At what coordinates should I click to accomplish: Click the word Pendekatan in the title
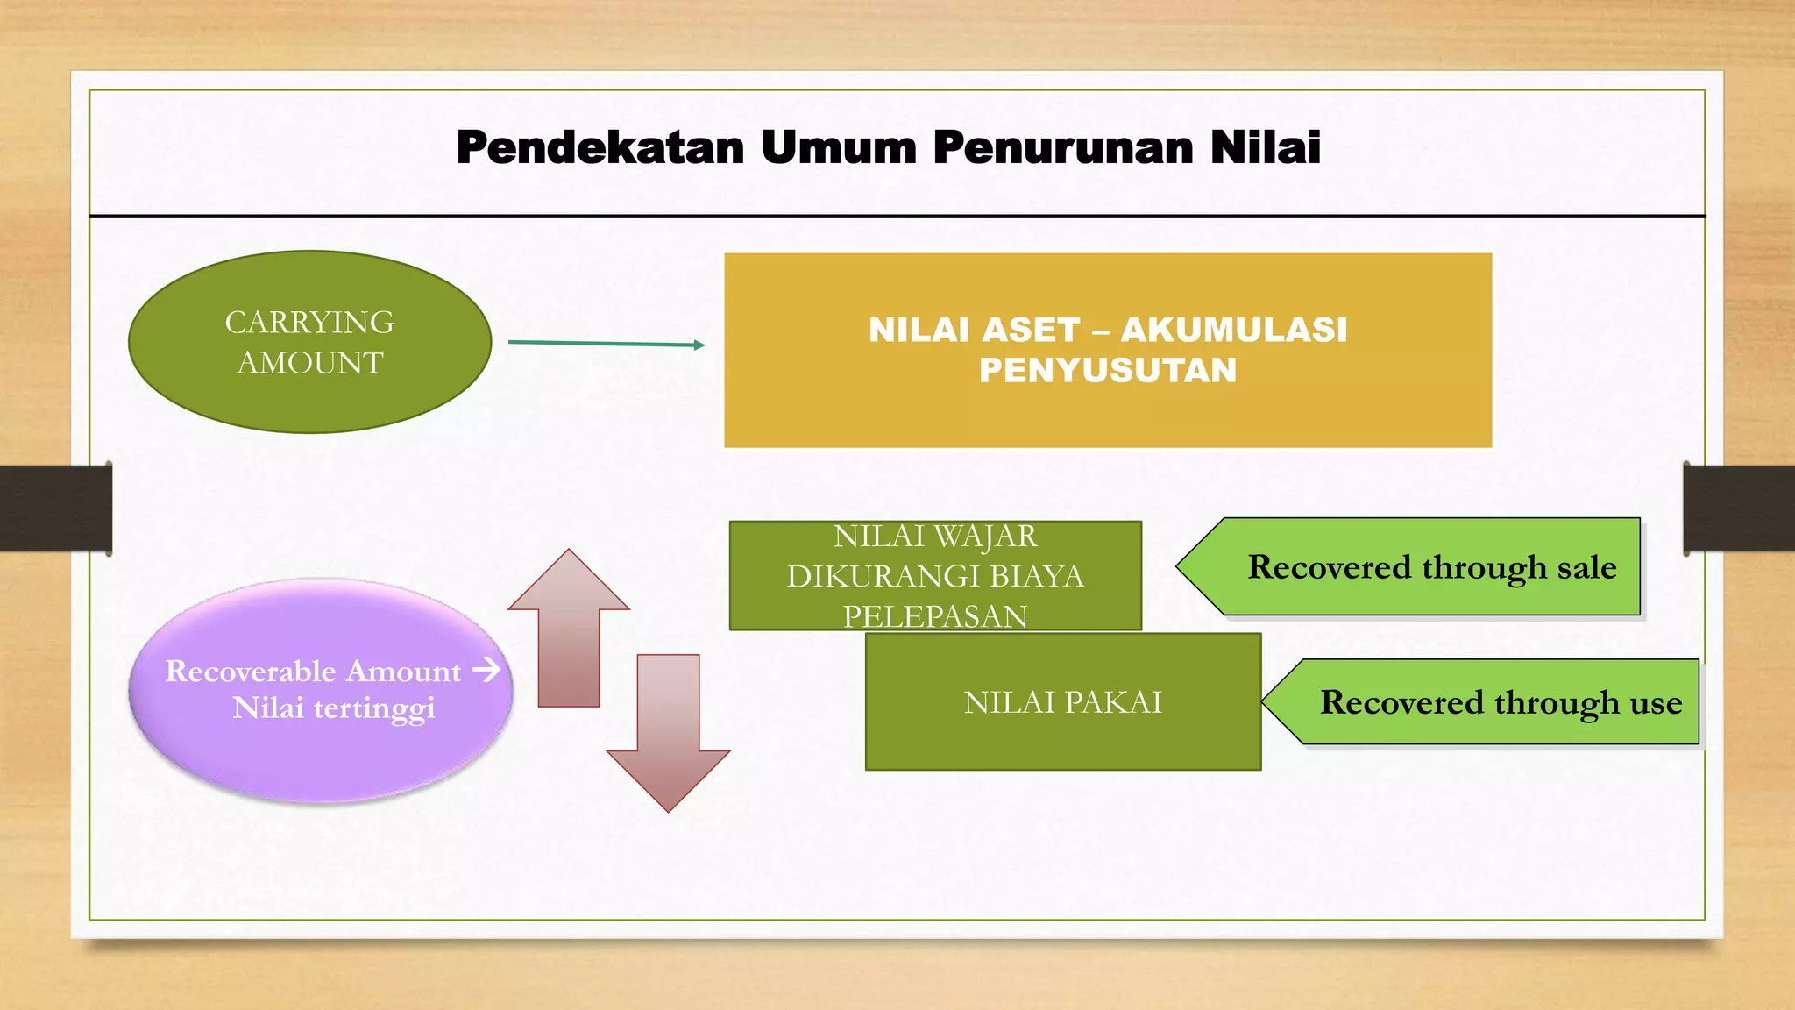pyautogui.click(x=600, y=147)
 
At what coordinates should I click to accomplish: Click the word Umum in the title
pyautogui.click(x=839, y=147)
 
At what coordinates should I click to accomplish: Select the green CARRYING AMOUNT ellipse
pyautogui.click(x=309, y=342)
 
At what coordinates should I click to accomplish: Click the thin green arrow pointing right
pyautogui.click(x=606, y=344)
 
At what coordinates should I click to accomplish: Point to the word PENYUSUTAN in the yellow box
pyautogui.click(x=1108, y=371)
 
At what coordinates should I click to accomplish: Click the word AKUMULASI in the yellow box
pyautogui.click(x=1234, y=331)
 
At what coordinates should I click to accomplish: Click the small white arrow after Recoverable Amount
pyautogui.click(x=486, y=671)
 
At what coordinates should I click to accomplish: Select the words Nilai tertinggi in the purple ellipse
pyautogui.click(x=333, y=708)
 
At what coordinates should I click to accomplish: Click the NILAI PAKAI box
pyautogui.click(x=1062, y=702)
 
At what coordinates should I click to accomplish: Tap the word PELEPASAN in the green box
pyautogui.click(x=935, y=616)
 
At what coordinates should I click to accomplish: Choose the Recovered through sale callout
pyautogui.click(x=1420, y=567)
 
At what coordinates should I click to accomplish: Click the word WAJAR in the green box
pyautogui.click(x=985, y=536)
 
